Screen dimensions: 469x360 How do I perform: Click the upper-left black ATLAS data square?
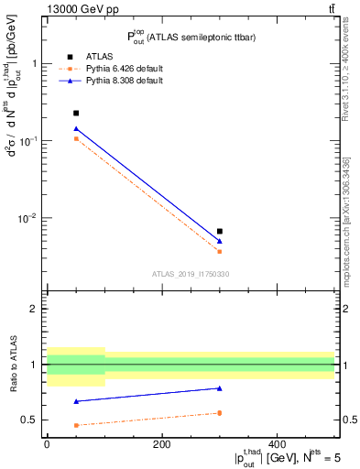75,113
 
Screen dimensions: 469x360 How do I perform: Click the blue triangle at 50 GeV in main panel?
75,129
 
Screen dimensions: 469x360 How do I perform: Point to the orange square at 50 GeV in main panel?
75,139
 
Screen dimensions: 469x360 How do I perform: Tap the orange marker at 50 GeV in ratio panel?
75,425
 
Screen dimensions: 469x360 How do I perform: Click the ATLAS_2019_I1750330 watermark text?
191,273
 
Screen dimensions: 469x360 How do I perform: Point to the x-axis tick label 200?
162,444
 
